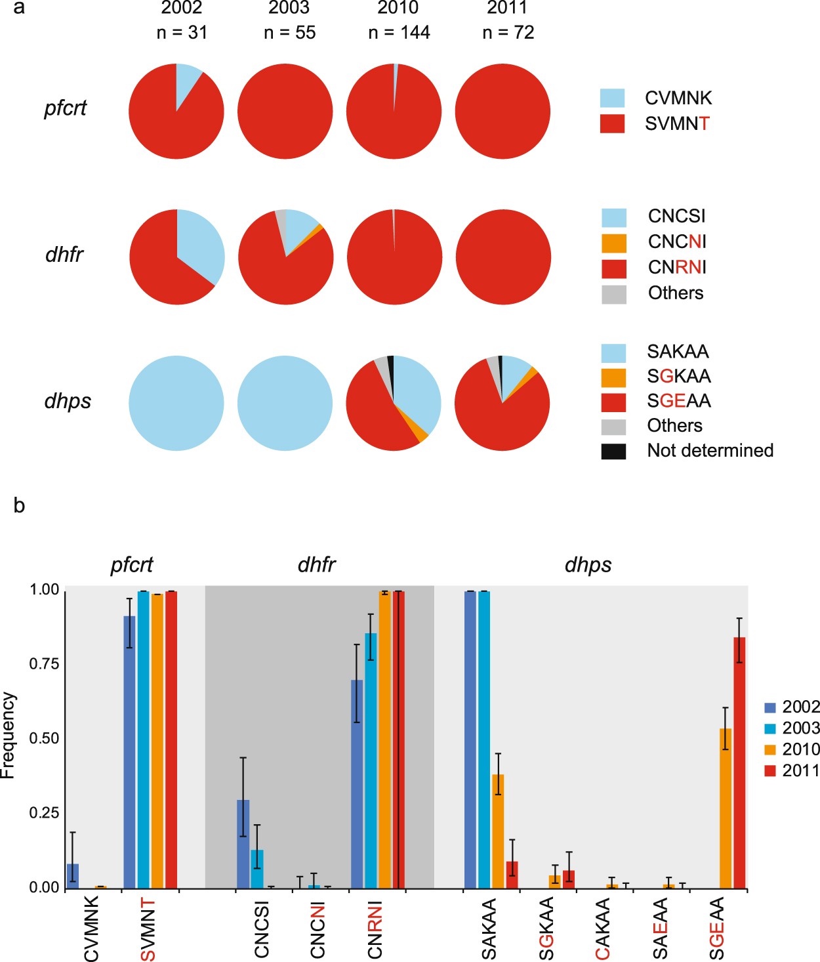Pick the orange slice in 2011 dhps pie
coord(532,373)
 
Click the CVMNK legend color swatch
coord(612,98)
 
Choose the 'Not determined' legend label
coord(710,451)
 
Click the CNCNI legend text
coord(676,242)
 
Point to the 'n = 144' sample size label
coord(399,33)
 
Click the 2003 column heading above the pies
coord(289,8)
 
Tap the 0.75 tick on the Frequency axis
coord(44,664)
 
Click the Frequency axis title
coord(8,736)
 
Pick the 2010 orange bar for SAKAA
coord(498,831)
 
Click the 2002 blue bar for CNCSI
coord(243,844)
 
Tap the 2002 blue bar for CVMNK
coord(73,876)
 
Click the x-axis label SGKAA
coord(546,928)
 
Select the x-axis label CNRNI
coord(374,929)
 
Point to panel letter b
coord(19,505)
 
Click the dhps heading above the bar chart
coord(588,565)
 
